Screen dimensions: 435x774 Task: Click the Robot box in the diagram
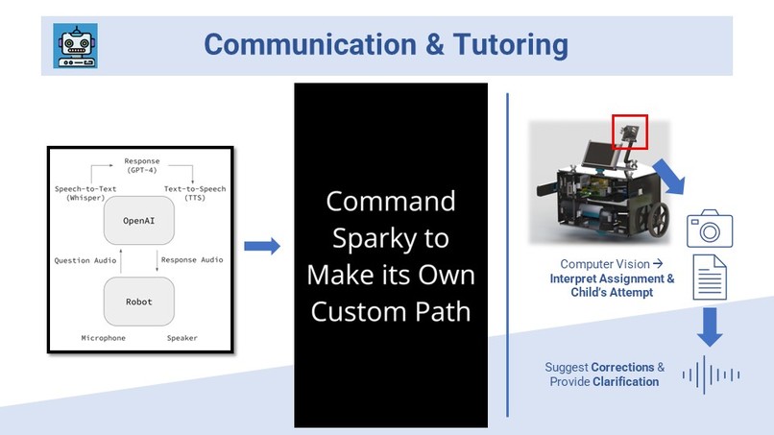pyautogui.click(x=139, y=301)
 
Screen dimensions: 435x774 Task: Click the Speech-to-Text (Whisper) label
pyautogui.click(x=85, y=193)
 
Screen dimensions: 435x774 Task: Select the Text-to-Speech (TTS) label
pyautogui.click(x=195, y=193)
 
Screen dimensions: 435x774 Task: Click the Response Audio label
pyautogui.click(x=192, y=260)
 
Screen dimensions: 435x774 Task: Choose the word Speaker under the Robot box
pyautogui.click(x=182, y=338)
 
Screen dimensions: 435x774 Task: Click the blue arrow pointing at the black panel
pyautogui.click(x=261, y=247)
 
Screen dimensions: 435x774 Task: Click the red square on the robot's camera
pyautogui.click(x=630, y=133)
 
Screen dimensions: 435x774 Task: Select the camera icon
pyautogui.click(x=709, y=230)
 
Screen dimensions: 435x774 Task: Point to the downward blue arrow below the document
pyautogui.click(x=709, y=326)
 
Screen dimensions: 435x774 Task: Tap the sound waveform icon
pyautogui.click(x=711, y=375)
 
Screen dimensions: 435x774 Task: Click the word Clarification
pyautogui.click(x=625, y=381)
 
